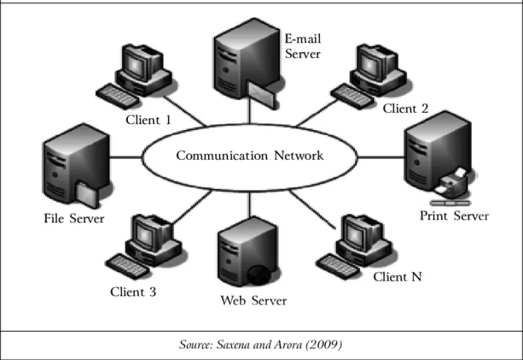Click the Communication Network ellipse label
point(249,156)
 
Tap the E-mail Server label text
point(303,45)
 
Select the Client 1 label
point(148,120)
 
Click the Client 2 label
point(405,108)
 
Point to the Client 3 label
point(133,292)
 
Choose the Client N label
point(397,277)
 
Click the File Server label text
point(74,219)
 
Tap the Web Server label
point(253,300)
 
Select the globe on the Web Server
point(261,274)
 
